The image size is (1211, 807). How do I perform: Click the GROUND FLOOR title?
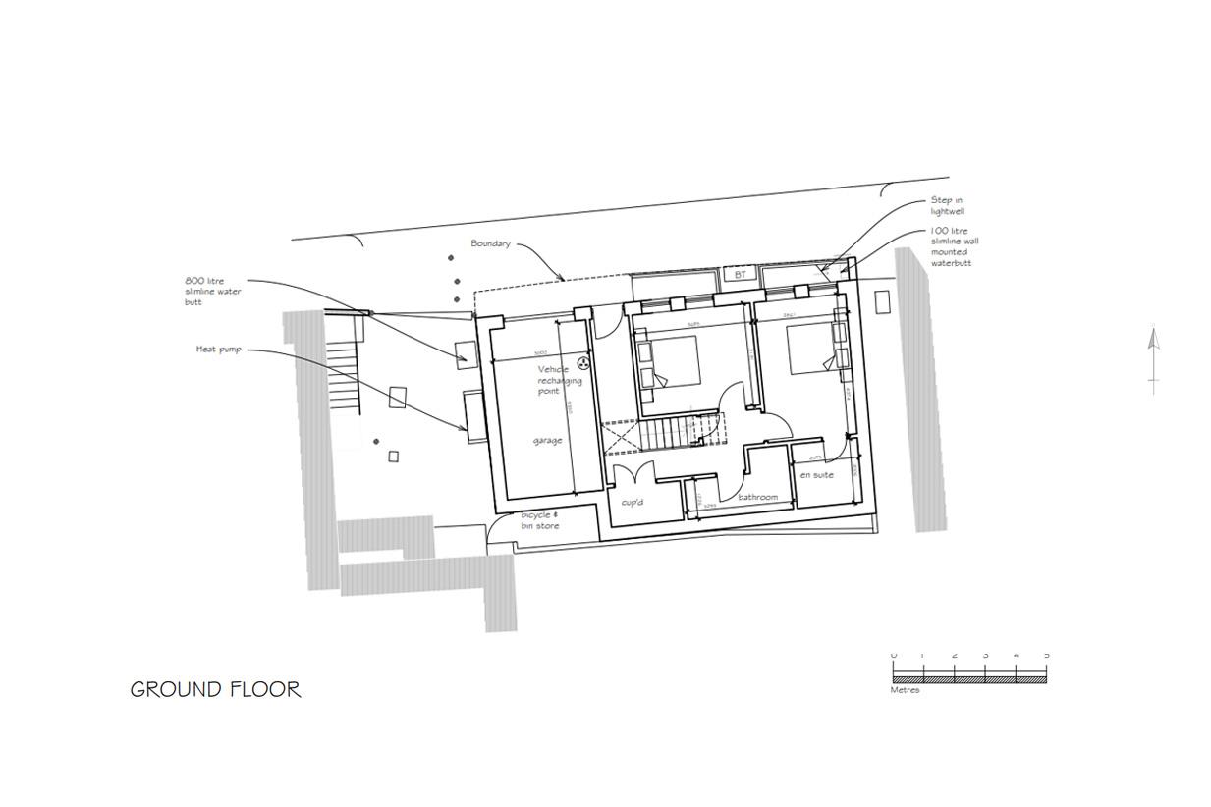click(x=215, y=689)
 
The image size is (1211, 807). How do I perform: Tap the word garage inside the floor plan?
click(x=548, y=440)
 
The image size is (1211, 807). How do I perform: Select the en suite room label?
click(x=816, y=475)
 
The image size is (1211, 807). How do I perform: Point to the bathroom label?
click(x=757, y=497)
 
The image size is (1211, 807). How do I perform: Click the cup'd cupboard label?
click(x=632, y=503)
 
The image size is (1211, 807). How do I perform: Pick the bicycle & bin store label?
click(x=539, y=520)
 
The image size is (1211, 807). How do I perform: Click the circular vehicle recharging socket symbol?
click(x=582, y=364)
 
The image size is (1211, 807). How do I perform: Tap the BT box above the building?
click(x=740, y=275)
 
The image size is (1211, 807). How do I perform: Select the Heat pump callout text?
click(x=218, y=349)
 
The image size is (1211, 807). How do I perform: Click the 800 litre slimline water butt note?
click(x=212, y=291)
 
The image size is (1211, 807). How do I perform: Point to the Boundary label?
click(x=490, y=243)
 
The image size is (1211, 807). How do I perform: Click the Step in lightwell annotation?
click(x=946, y=205)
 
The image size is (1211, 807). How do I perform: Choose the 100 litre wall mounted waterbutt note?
click(x=954, y=246)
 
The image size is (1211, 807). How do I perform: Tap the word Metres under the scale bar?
click(x=905, y=690)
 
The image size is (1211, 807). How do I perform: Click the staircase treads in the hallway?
click(x=666, y=432)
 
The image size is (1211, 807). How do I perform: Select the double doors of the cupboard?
click(x=632, y=473)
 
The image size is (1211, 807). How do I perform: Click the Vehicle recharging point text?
click(x=559, y=380)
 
